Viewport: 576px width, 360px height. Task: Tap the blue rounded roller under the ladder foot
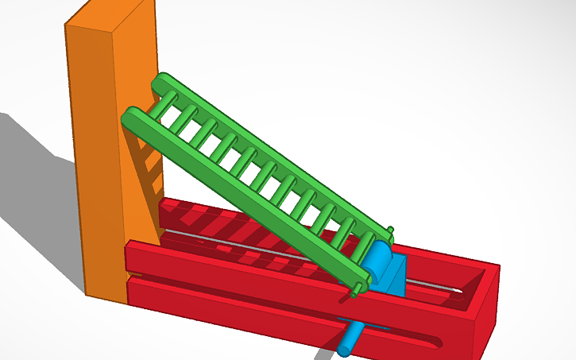(x=377, y=262)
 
